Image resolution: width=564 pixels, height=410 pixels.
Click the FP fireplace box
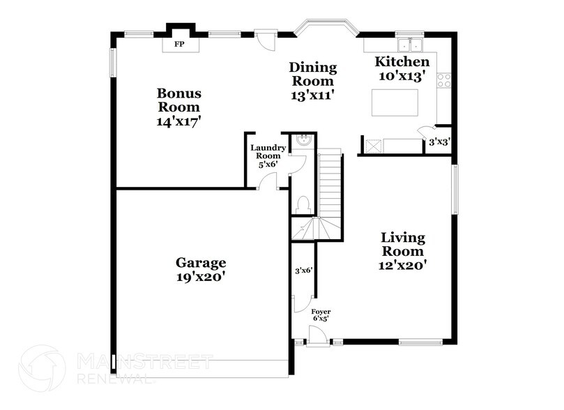pyautogui.click(x=179, y=44)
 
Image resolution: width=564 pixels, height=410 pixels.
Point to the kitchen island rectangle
pyautogui.click(x=395, y=102)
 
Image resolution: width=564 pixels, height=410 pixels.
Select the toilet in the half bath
pyautogui.click(x=303, y=204)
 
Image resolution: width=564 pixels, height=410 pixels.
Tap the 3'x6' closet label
pyautogui.click(x=303, y=270)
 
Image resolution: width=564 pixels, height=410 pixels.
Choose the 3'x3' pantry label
pyautogui.click(x=439, y=142)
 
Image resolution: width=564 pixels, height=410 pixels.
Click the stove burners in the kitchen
pyautogui.click(x=443, y=81)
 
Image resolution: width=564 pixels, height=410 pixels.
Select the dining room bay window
pyautogui.click(x=326, y=29)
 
